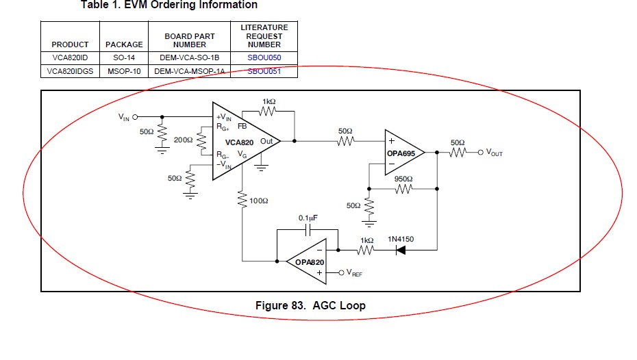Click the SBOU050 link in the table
[264, 57]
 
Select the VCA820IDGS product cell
[70, 71]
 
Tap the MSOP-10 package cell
[124, 71]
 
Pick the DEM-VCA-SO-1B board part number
[189, 57]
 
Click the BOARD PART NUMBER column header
[189, 40]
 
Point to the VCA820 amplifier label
[239, 142]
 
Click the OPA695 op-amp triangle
[405, 153]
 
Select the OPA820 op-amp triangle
[307, 261]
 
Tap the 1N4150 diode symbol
[401, 250]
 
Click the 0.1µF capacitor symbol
[308, 230]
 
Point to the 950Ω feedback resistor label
[403, 179]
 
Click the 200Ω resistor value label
[183, 140]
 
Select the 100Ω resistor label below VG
[259, 201]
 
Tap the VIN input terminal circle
[136, 117]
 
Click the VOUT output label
[495, 153]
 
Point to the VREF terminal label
[354, 273]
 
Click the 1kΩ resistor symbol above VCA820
[268, 111]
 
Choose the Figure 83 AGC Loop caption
[310, 305]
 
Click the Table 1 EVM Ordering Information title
[169, 5]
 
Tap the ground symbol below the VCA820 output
[261, 167]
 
